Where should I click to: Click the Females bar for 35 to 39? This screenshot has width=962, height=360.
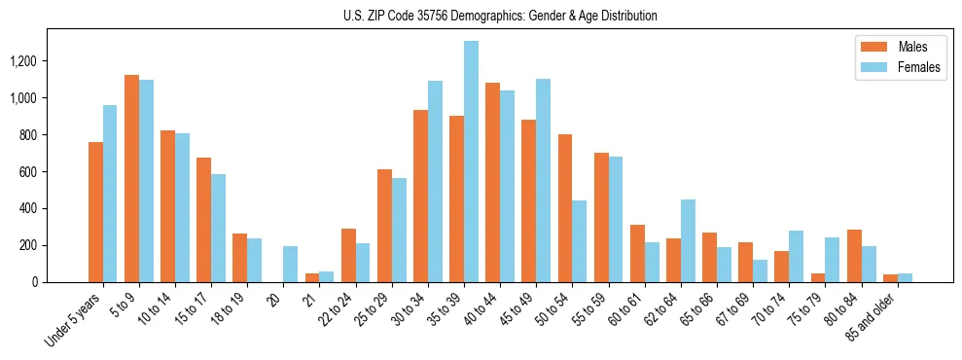coord(471,162)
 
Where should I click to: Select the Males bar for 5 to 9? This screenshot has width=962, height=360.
coord(131,178)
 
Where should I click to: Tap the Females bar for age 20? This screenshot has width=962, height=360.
coord(290,264)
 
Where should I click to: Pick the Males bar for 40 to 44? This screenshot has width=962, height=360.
coord(492,182)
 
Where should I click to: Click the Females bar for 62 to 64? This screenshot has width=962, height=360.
coord(688,240)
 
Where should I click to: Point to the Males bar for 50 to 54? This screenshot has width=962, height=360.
coord(565,208)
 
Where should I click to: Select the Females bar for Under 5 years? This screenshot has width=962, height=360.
coord(110,194)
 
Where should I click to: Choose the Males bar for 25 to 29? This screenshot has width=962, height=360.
coord(384,226)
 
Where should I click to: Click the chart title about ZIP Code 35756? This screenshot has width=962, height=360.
coord(500,16)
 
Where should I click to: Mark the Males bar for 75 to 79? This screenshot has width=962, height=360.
coord(818,277)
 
